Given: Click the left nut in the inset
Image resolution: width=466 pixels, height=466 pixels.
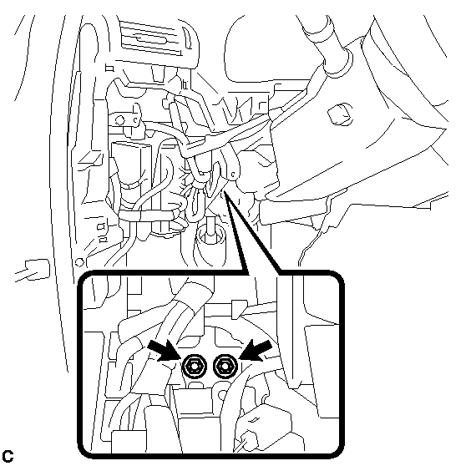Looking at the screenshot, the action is pyautogui.click(x=194, y=367).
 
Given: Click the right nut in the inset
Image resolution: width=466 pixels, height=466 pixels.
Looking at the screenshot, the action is pyautogui.click(x=225, y=367).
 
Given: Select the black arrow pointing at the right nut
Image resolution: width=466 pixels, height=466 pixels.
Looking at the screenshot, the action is pyautogui.click(x=256, y=351).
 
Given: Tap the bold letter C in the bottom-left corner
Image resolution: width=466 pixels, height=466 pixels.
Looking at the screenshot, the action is pyautogui.click(x=8, y=456).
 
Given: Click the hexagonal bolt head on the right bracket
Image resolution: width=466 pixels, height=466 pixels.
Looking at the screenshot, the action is pyautogui.click(x=340, y=114).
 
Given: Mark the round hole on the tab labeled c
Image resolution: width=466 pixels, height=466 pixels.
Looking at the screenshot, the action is pyautogui.click(x=119, y=120).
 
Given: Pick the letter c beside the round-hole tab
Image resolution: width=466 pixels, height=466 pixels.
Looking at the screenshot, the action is pyautogui.click(x=135, y=120).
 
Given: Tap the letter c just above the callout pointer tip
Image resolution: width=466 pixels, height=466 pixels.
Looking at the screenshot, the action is pyautogui.click(x=233, y=175).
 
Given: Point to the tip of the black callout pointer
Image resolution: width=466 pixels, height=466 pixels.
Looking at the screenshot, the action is pyautogui.click(x=225, y=192).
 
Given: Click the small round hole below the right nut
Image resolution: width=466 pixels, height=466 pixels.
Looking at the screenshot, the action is pyautogui.click(x=223, y=395).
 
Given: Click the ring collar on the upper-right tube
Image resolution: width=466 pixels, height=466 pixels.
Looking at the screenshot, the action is pyautogui.click(x=338, y=63).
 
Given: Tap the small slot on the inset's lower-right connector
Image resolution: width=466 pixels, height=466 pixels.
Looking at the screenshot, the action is pyautogui.click(x=254, y=420).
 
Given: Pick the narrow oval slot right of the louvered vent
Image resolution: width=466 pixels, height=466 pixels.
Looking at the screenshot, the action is pyautogui.click(x=188, y=38).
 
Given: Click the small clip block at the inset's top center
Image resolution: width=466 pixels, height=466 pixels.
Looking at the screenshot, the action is pyautogui.click(x=239, y=309).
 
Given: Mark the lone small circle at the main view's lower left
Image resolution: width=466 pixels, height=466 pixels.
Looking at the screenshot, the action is pyautogui.click(x=79, y=262).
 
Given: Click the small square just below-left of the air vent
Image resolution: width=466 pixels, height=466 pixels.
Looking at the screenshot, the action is pyautogui.click(x=109, y=68).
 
